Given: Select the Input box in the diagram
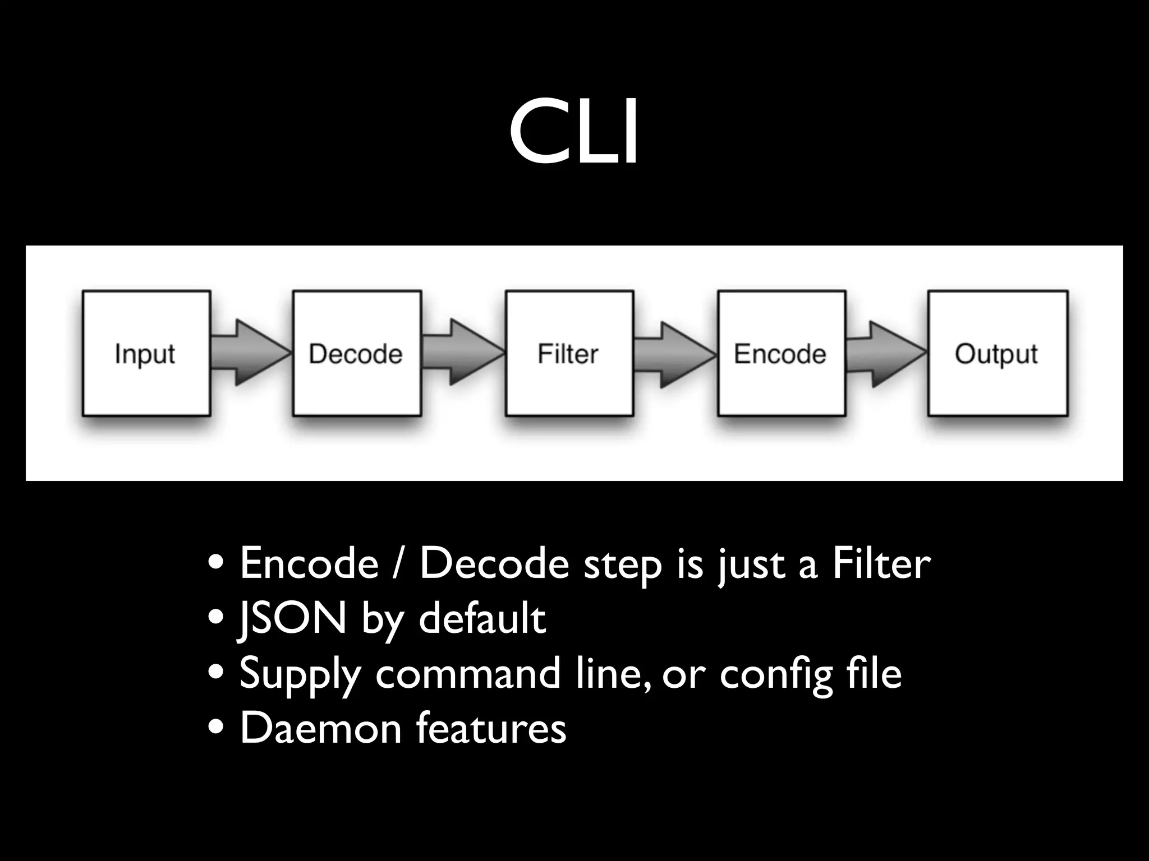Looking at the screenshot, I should [x=146, y=353].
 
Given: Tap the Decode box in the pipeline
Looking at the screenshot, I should [x=357, y=353].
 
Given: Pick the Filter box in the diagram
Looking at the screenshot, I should [x=569, y=353].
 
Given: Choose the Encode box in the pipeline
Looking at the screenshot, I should [x=781, y=353].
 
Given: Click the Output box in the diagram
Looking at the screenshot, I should [x=998, y=353].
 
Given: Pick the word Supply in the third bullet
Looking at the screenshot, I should [x=300, y=674].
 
